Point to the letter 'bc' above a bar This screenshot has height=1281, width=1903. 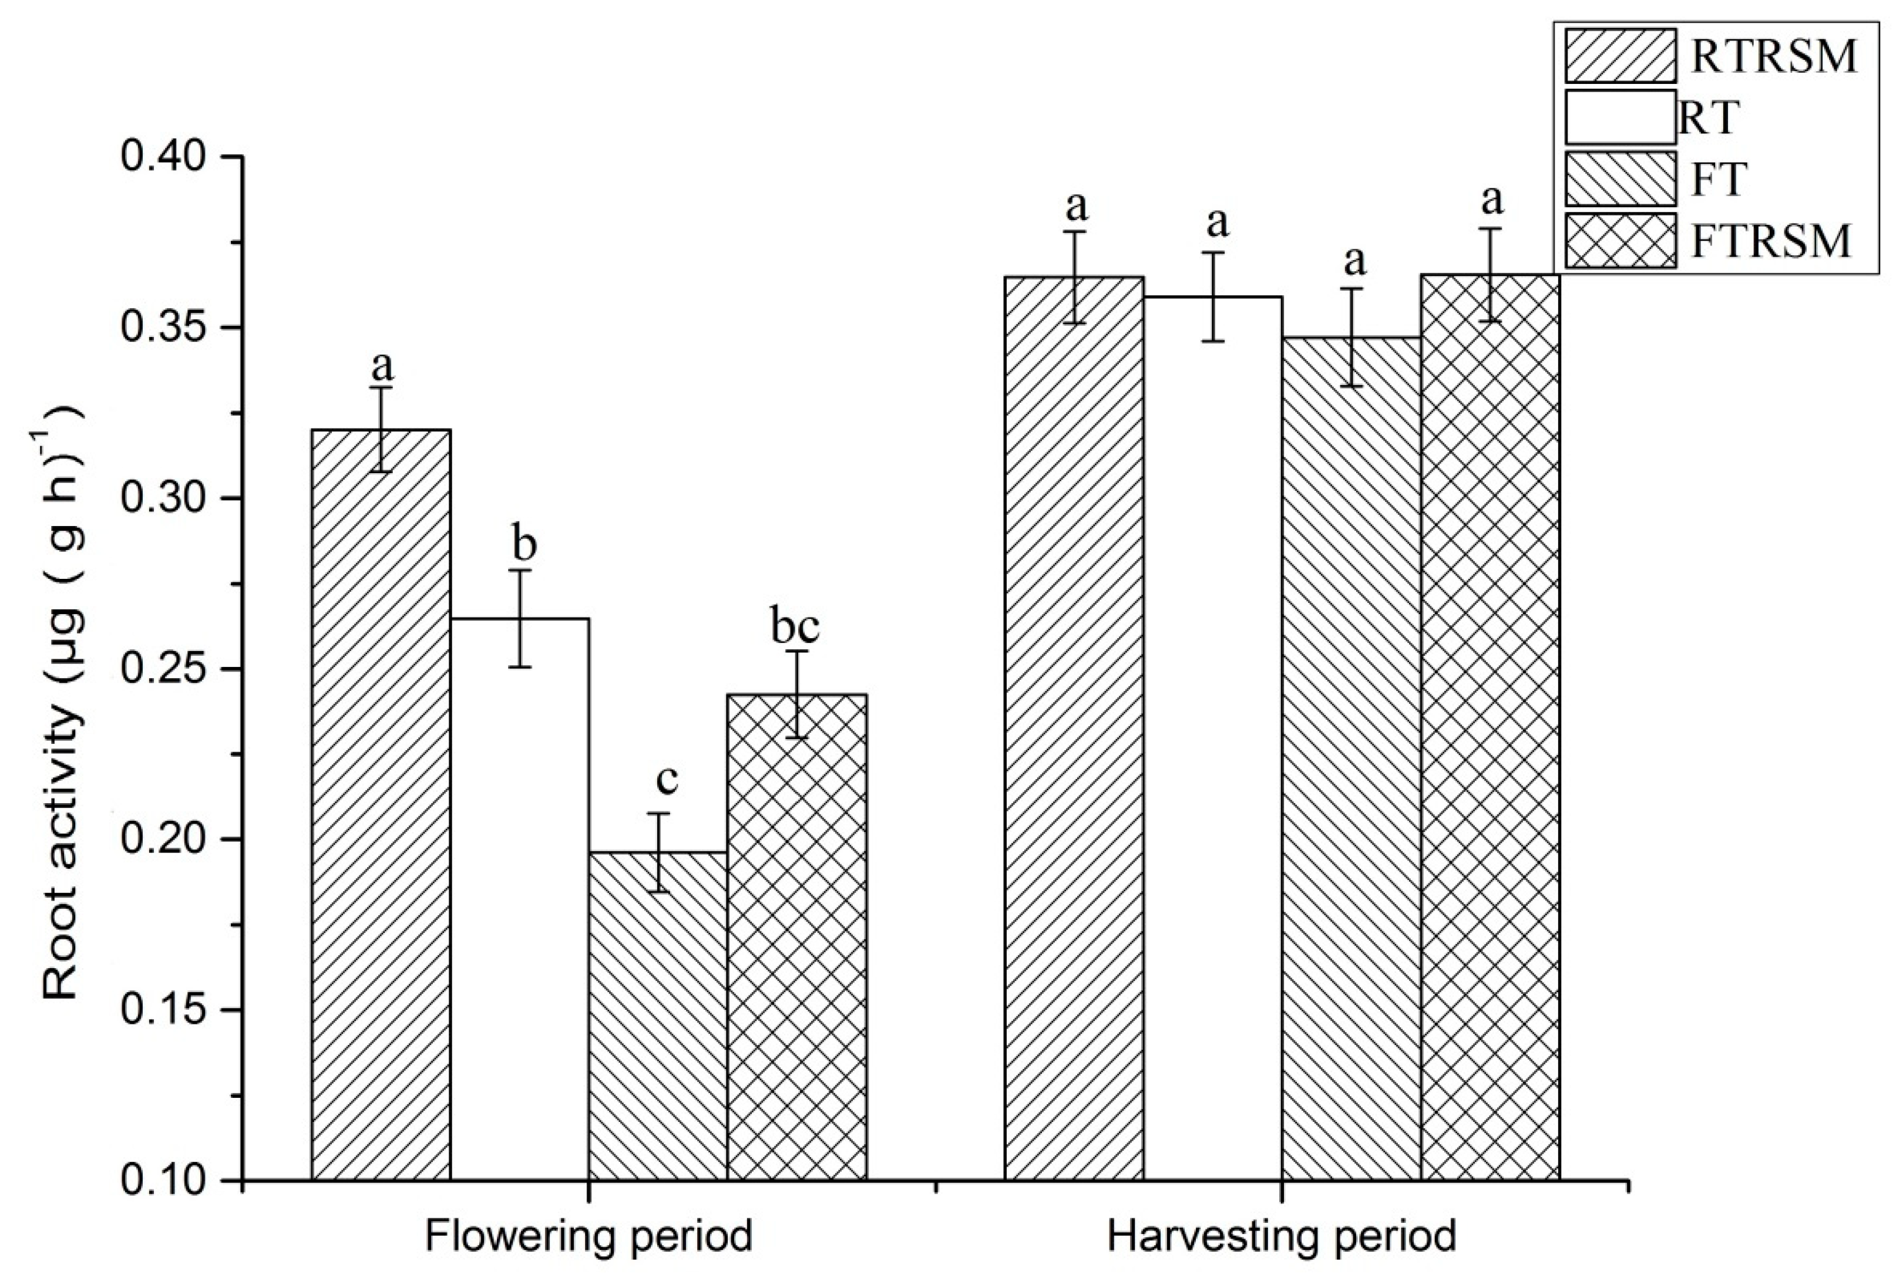pyautogui.click(x=795, y=626)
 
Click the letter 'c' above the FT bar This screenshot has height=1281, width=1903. pyautogui.click(x=667, y=778)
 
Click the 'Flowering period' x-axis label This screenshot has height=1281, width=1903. pyautogui.click(x=589, y=1236)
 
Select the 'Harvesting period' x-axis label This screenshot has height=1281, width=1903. pyautogui.click(x=1281, y=1236)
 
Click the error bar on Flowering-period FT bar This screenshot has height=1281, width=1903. pyautogui.click(x=658, y=852)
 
